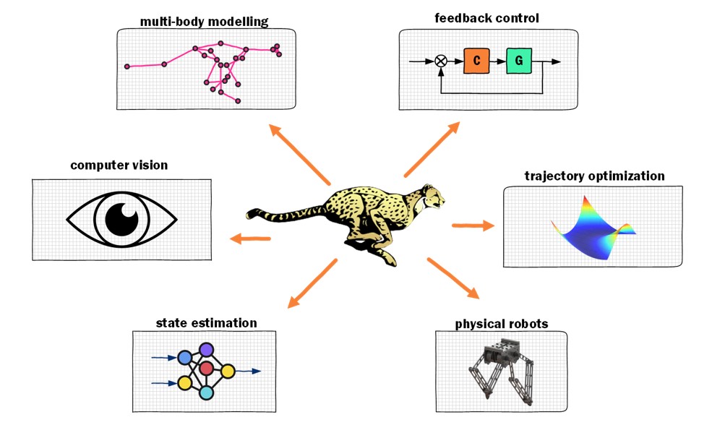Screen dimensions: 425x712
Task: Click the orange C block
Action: click(477, 61)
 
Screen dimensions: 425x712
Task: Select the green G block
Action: click(519, 61)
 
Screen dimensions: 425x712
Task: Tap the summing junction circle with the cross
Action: click(441, 61)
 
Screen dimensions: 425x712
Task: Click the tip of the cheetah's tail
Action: click(250, 215)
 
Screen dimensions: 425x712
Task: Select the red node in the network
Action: click(207, 369)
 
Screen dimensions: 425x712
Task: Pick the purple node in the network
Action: click(206, 350)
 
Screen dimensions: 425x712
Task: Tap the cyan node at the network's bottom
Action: click(206, 392)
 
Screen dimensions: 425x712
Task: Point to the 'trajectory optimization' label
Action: click(593, 176)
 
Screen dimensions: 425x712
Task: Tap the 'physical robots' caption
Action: click(501, 323)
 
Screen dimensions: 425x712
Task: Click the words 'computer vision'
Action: click(119, 166)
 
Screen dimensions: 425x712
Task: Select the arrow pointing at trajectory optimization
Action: click(473, 226)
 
